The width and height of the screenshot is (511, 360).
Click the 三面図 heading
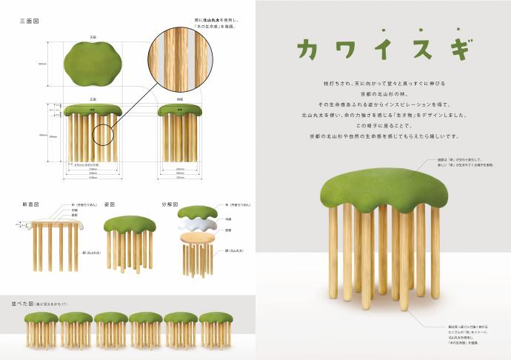click(29, 21)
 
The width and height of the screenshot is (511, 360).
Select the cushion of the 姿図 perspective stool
click(129, 225)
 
